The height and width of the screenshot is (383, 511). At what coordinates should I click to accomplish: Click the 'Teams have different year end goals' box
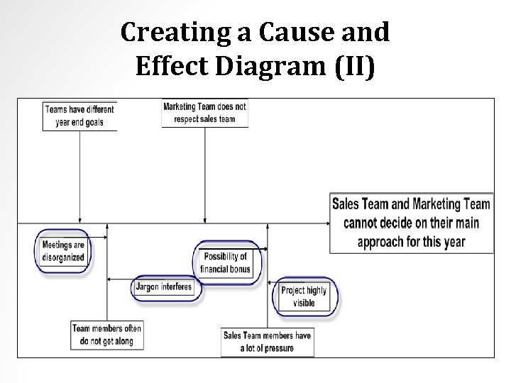click(79, 116)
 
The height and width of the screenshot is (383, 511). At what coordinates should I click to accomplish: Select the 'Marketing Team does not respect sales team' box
click(205, 113)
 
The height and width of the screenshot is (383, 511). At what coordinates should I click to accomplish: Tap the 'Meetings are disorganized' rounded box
click(63, 251)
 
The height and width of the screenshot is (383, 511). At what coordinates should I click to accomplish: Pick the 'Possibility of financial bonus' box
click(226, 262)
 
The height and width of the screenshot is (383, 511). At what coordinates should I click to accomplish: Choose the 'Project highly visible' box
click(304, 296)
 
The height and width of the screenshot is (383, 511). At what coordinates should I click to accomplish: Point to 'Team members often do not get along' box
click(106, 335)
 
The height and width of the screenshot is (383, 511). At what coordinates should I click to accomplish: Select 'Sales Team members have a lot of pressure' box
click(267, 342)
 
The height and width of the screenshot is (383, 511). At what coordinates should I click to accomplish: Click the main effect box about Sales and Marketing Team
click(411, 223)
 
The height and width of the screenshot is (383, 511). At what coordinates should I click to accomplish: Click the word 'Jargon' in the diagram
click(150, 287)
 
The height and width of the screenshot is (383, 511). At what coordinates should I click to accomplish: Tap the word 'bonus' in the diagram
click(239, 269)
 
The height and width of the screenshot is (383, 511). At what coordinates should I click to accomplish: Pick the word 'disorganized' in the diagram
click(63, 257)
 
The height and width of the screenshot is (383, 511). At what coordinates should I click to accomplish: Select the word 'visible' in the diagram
click(304, 303)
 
